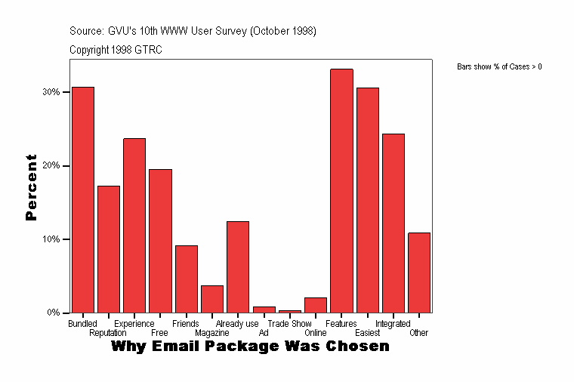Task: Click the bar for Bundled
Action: (83, 199)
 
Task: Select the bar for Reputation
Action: (109, 249)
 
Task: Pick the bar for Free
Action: (160, 241)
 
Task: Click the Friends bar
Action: (187, 279)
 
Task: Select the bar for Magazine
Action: (212, 299)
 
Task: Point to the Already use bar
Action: (238, 266)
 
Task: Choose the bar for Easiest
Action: (368, 200)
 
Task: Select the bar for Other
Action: (419, 273)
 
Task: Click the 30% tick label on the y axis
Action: (51, 92)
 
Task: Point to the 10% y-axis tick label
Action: (51, 239)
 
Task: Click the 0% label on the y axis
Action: (54, 313)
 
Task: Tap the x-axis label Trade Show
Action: (289, 324)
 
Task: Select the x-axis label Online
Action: (316, 333)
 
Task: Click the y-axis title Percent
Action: (31, 187)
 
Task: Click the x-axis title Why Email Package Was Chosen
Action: (250, 347)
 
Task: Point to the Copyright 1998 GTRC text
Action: (116, 50)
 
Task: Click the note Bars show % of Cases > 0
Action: (499, 67)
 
